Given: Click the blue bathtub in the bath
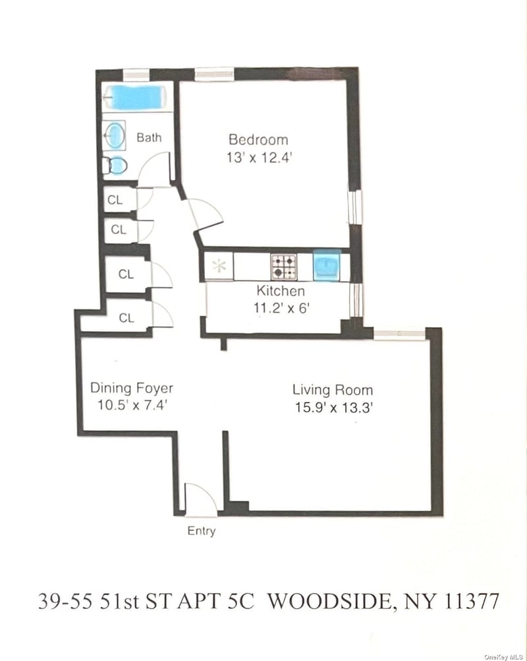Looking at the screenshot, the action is click(x=134, y=98).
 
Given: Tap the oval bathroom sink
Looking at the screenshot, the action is click(x=115, y=135).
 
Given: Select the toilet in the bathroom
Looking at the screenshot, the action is click(x=115, y=165).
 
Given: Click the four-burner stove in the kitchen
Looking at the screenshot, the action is click(x=284, y=267).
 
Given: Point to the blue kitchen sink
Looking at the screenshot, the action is click(x=327, y=266).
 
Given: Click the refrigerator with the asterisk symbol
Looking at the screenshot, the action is click(x=219, y=266).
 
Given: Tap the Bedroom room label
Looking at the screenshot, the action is click(x=258, y=140).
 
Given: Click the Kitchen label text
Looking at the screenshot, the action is click(x=281, y=290).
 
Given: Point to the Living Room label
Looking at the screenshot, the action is click(x=333, y=389).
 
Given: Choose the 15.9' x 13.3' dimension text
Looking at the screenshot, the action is click(x=334, y=408).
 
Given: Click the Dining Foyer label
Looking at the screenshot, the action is click(x=132, y=388).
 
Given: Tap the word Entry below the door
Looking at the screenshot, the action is click(x=201, y=531).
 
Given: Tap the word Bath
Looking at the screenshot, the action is click(x=149, y=137).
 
